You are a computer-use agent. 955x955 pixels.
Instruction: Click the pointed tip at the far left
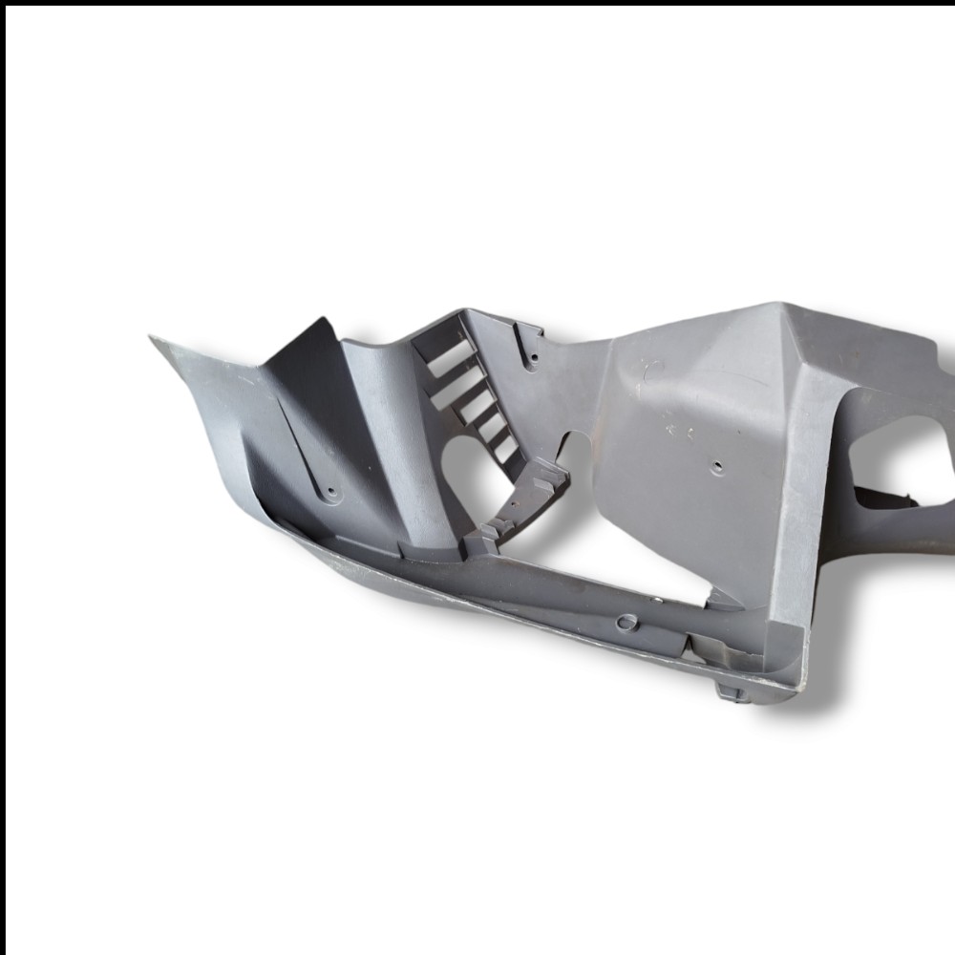(153, 338)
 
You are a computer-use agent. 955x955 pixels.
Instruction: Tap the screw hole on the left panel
(332, 493)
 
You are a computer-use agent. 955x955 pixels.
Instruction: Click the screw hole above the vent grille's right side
(533, 358)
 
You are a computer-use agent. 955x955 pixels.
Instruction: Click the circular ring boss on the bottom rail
(626, 623)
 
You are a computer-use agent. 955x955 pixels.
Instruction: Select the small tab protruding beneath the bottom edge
(731, 690)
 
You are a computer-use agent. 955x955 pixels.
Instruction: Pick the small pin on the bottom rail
(657, 600)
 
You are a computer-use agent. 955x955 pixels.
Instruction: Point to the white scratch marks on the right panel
(680, 424)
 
